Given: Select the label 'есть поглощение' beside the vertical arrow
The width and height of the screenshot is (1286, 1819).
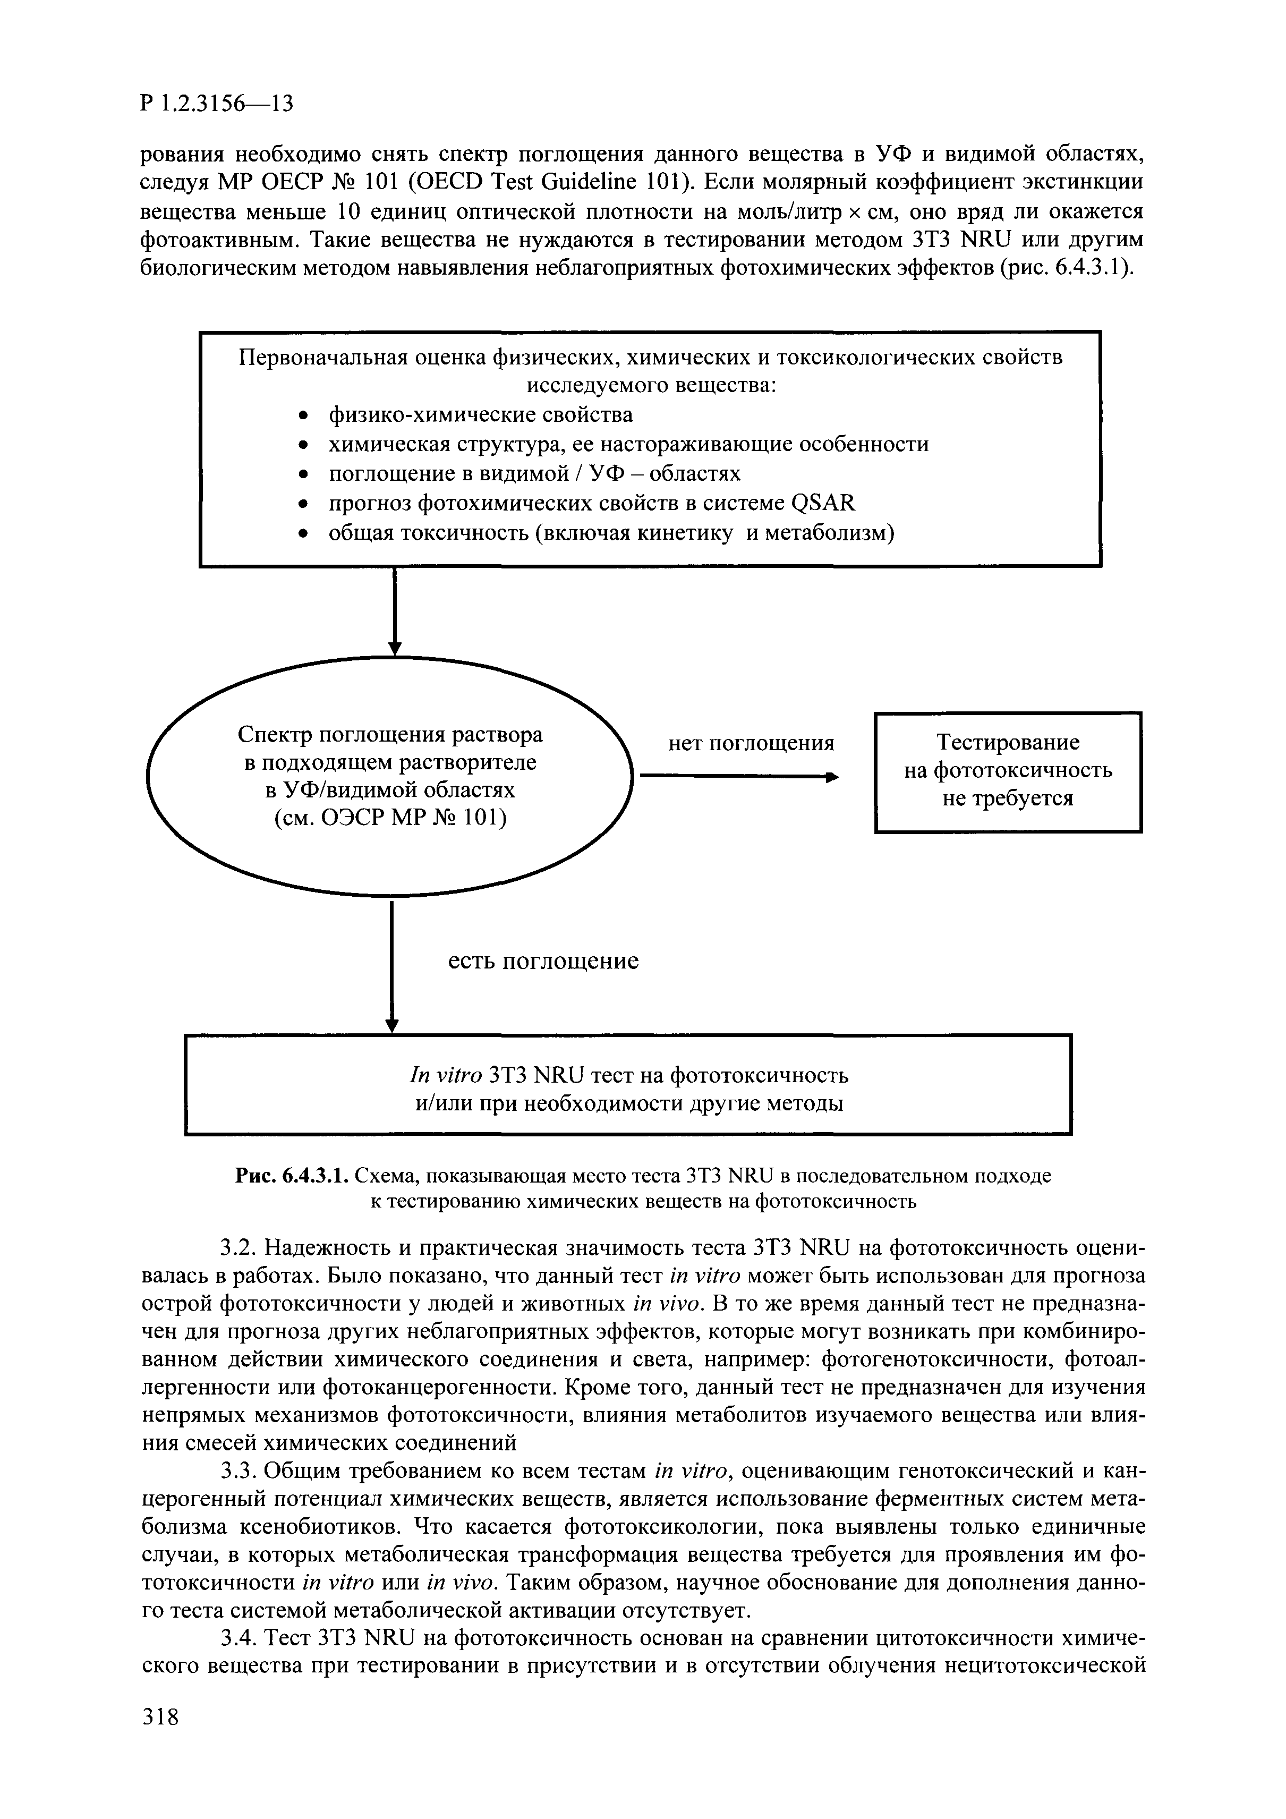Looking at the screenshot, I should click(x=543, y=962).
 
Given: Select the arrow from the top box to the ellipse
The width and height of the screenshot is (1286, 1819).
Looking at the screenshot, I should click(x=394, y=610).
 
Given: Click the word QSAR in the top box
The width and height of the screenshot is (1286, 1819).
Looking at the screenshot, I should click(x=822, y=503).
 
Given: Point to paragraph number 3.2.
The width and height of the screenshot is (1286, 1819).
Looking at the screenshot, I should click(x=237, y=1248).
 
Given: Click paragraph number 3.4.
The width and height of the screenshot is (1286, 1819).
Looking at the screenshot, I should click(x=237, y=1637).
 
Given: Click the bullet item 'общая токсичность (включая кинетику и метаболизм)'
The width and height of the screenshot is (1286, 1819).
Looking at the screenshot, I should click(x=611, y=533).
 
